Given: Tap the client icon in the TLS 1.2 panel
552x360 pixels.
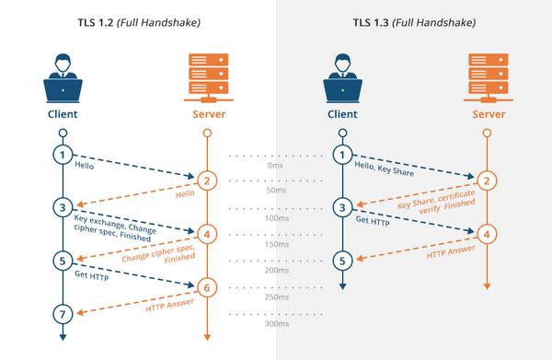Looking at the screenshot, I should coord(63,78).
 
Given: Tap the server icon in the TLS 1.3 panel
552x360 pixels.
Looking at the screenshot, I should coord(489,78).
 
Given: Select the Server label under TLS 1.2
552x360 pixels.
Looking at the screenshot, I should coord(207,115).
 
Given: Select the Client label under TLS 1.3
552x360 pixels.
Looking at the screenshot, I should coord(341,115).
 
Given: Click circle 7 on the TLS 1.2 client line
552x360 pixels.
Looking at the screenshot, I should coord(63,315).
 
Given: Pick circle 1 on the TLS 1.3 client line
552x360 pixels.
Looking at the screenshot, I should coord(341,155).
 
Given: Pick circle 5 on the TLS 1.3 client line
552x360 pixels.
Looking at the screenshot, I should coord(341,261).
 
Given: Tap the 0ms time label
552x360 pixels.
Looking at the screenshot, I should coord(275,167).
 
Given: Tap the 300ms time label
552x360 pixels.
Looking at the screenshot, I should coord(273,324).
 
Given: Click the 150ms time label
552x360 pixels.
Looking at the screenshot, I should coord(273,245).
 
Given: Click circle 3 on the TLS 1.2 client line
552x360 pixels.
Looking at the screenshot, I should coord(63,207).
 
